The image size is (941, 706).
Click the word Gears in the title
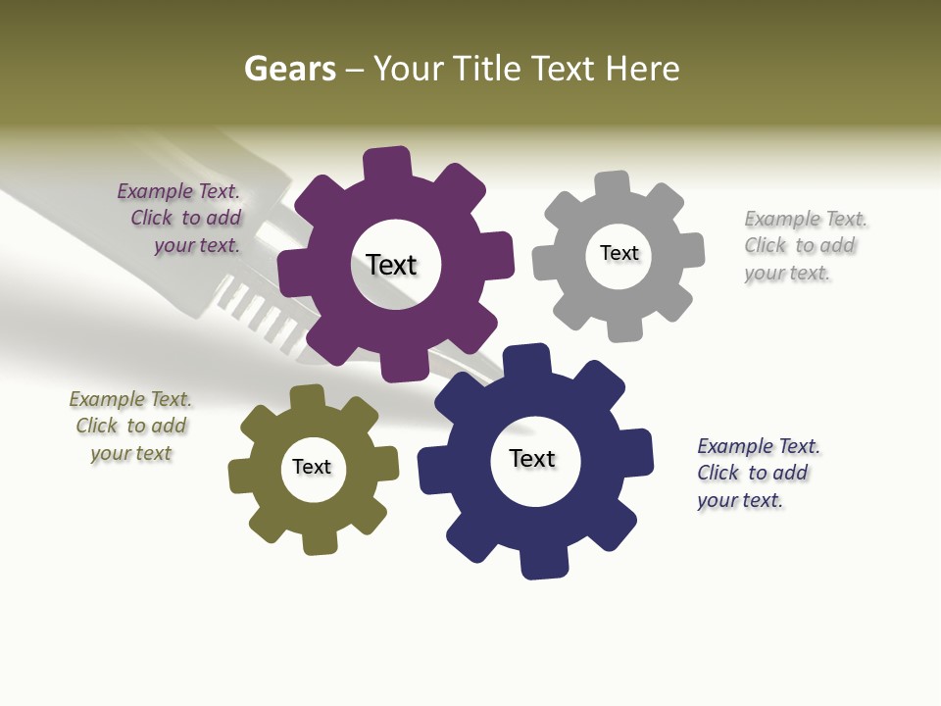tap(290, 70)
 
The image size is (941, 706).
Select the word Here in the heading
tap(642, 70)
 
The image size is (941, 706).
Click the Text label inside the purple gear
tap(391, 265)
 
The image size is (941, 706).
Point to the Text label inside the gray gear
tap(619, 253)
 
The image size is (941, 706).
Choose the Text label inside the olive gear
tap(312, 468)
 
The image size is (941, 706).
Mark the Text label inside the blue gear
tap(532, 459)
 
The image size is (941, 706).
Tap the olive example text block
tap(131, 427)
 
